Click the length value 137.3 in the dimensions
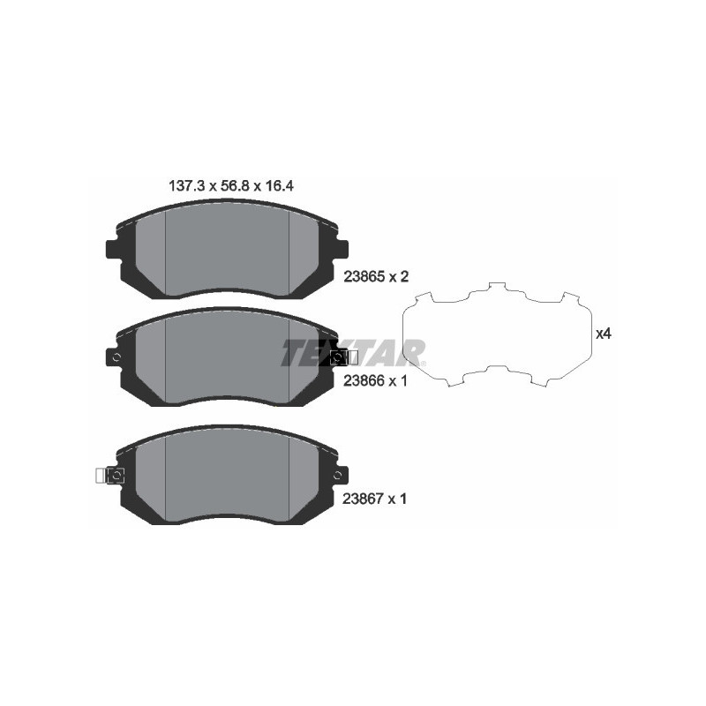pos(186,186)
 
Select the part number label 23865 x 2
pos(375,276)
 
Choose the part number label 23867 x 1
pos(375,499)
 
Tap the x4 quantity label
pos(604,334)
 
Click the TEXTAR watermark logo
pos(353,352)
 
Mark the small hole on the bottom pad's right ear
pos(335,476)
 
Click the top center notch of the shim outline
pos(496,288)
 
